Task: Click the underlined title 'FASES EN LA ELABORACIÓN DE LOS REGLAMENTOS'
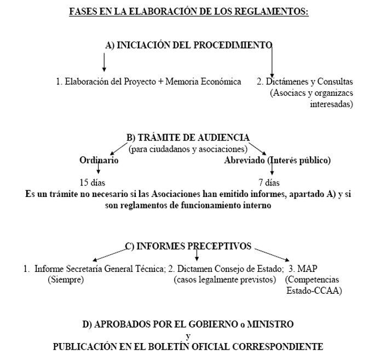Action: pos(189,11)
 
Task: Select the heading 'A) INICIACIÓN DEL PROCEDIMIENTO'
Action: pos(188,45)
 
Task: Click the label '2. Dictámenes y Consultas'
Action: pos(305,82)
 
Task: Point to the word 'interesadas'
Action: pos(331,103)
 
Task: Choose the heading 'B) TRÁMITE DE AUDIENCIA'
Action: pos(188,138)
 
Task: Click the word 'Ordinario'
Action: pos(99,160)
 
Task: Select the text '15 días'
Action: pos(93,182)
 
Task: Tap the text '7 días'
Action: pos(268,182)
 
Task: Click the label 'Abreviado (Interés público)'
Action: pos(277,160)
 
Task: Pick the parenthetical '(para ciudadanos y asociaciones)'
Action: pos(188,149)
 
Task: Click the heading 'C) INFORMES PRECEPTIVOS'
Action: pos(188,246)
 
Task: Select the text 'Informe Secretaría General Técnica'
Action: pos(99,269)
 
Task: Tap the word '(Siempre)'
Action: pos(66,280)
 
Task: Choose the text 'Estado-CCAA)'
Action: pos(314,291)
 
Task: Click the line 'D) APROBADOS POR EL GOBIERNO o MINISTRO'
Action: pos(188,324)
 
